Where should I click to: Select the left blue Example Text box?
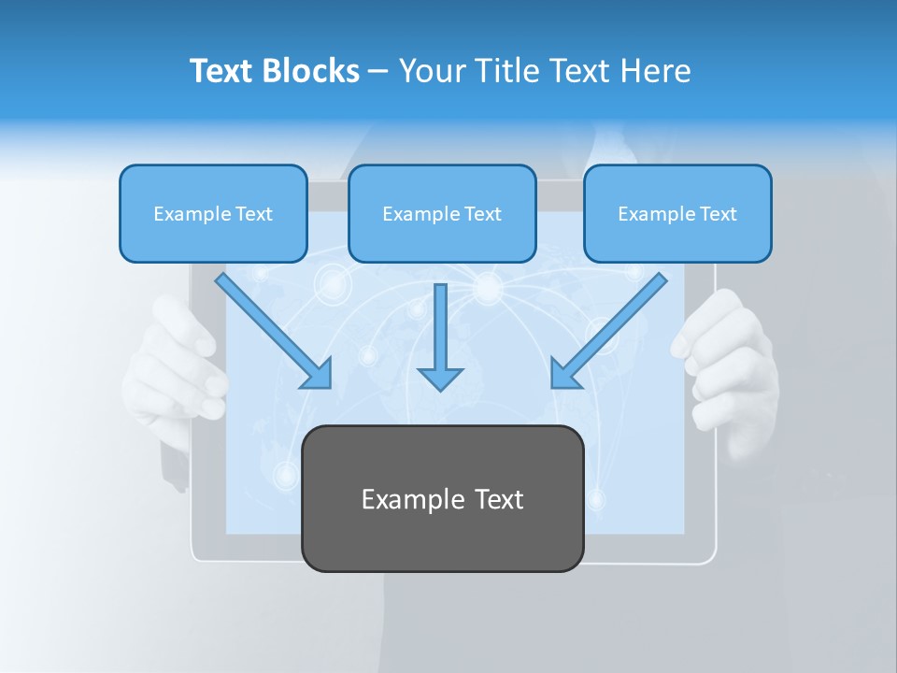pyautogui.click(x=213, y=214)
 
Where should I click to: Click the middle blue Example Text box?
pyautogui.click(x=442, y=214)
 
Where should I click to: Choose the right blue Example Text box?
pyautogui.click(x=677, y=214)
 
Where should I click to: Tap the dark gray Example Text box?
pyautogui.click(x=442, y=499)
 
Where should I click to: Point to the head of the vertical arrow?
pyautogui.click(x=440, y=378)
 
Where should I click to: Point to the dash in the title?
pyautogui.click(x=378, y=71)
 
